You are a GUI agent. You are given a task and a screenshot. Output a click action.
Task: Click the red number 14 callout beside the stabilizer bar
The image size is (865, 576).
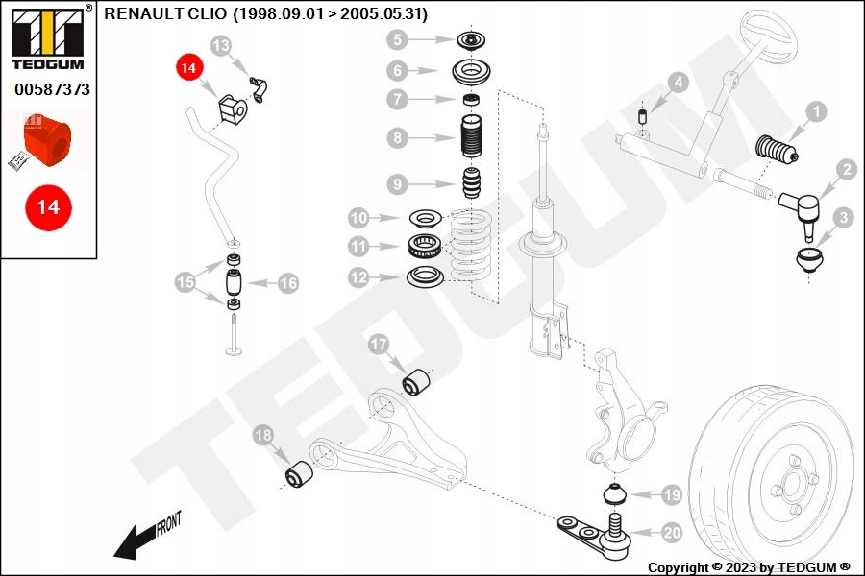188,68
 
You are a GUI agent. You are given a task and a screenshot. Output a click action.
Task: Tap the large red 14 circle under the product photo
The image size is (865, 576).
49,207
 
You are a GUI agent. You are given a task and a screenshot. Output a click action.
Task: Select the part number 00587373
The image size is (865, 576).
52,89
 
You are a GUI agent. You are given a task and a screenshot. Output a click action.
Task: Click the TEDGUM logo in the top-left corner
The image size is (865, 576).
49,36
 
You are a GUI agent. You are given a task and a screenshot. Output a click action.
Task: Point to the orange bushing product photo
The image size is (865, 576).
47,141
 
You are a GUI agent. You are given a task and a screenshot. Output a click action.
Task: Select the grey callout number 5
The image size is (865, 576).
397,39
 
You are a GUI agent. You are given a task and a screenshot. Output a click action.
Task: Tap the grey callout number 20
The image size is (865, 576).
672,533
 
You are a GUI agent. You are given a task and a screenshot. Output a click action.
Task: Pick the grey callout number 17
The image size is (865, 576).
379,345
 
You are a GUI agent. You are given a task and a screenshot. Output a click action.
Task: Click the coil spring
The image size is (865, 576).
470,246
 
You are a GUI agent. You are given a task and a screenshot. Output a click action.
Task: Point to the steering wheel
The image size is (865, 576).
770,33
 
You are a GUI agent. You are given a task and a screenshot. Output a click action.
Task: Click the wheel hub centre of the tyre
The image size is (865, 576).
792,483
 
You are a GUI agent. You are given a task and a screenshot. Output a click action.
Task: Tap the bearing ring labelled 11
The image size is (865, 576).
424,246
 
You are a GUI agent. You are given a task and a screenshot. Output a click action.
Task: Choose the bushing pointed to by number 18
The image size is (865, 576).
299,474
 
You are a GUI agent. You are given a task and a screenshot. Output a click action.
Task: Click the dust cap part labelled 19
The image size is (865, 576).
614,493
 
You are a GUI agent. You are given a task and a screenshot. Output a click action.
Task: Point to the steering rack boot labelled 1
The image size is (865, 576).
777,151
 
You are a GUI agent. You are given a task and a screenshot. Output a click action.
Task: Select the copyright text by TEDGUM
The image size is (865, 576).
749,567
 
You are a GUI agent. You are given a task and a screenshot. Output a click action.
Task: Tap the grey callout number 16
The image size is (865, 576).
288,283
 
